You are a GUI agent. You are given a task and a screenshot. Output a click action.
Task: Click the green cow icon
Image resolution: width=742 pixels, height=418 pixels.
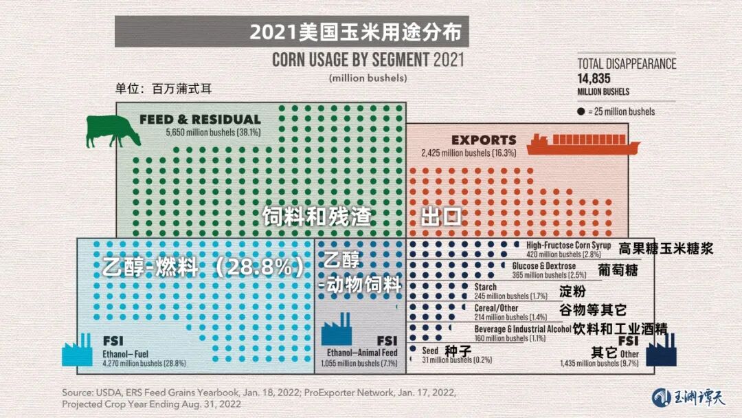pos(113,131)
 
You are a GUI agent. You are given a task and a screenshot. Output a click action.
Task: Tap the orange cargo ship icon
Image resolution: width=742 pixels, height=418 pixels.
pos(583,143)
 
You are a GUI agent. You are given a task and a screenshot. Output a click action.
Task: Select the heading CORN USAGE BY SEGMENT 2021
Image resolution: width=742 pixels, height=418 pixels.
pos(368,59)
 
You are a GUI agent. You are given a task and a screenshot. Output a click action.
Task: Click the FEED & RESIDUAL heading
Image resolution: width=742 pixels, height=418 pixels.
pos(200,120)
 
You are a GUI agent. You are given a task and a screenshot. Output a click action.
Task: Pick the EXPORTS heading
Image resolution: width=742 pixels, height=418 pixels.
pos(484,140)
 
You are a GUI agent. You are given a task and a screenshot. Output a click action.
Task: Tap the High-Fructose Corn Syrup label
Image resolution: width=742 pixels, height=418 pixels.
pos(568,245)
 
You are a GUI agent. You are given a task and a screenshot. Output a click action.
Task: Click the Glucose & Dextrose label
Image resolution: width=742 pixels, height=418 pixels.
pos(544,265)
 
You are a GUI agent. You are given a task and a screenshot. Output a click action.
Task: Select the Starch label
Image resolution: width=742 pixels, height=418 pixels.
pos(486,287)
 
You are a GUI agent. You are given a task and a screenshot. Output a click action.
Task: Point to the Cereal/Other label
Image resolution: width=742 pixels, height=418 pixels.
pos(497,308)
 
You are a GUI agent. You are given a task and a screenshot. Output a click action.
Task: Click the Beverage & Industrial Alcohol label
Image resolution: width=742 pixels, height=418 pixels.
pos(522,329)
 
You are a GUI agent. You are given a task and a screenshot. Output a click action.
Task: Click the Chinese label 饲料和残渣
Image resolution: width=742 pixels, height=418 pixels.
pos(317,217)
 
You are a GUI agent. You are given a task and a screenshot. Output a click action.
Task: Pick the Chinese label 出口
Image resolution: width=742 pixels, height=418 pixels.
pos(440,218)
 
